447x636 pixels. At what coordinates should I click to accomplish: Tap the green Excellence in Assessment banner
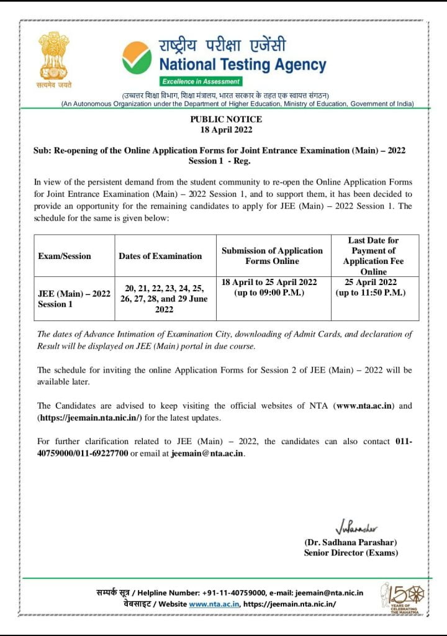[200, 81]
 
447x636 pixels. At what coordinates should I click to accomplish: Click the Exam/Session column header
[65, 256]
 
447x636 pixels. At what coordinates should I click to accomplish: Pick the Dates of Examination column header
[160, 256]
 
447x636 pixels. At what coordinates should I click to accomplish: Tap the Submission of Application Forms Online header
[272, 256]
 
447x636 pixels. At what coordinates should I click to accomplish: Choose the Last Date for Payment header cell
[373, 256]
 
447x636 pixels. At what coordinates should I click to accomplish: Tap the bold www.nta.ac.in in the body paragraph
[364, 406]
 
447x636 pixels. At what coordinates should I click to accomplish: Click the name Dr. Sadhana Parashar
[351, 543]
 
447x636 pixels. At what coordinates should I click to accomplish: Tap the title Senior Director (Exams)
[351, 553]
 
